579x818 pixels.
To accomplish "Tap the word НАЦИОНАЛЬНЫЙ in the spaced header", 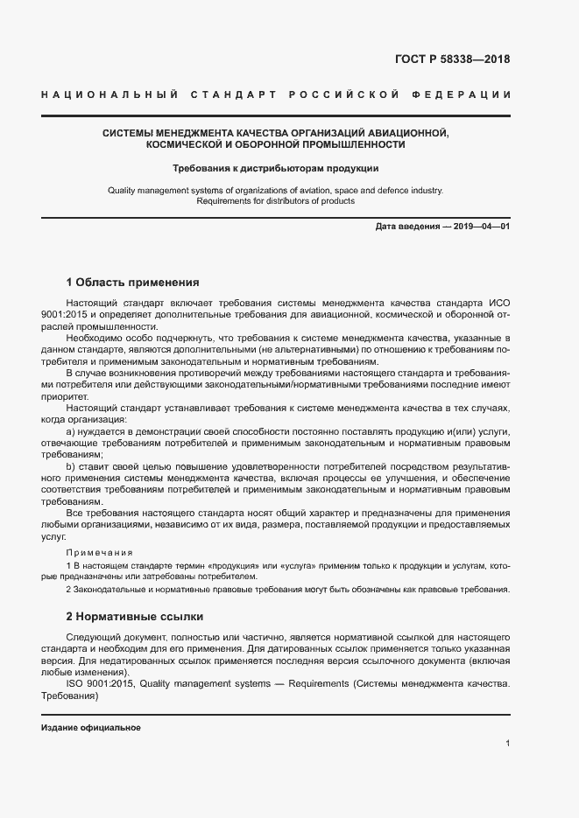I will pyautogui.click(x=109, y=94).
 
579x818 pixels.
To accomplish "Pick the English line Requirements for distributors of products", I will pyautogui.click(x=275, y=200).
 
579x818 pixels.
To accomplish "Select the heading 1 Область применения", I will pyautogui.click(x=133, y=283).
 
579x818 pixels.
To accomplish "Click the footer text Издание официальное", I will pyautogui.click(x=91, y=728).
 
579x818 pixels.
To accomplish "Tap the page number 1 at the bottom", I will pyautogui.click(x=508, y=744).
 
